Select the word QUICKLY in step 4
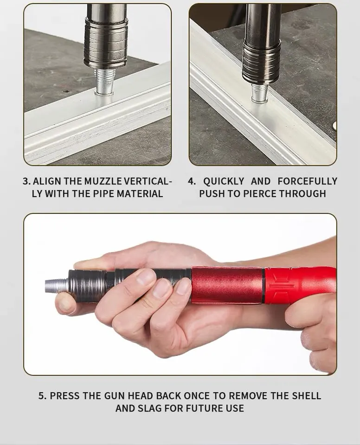coord(224,181)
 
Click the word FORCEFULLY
coord(308,181)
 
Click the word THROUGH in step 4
coord(302,194)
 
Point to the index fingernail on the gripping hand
coord(146,276)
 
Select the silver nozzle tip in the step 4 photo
coord(260,93)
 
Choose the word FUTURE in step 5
coord(202,408)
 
